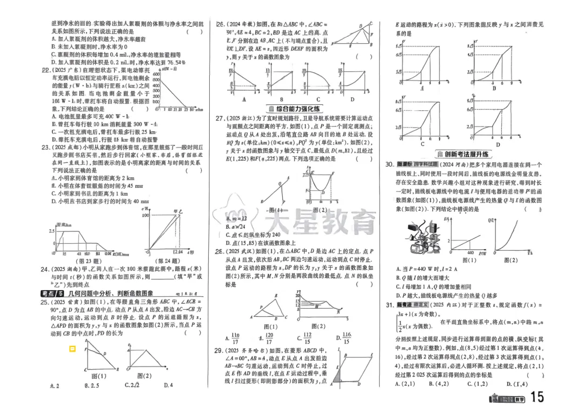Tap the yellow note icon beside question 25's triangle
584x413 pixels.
click(72, 349)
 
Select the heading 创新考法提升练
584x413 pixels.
click(463, 154)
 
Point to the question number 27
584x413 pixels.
click(220, 118)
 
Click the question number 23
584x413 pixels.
click(45, 146)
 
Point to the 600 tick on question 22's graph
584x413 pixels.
click(157, 75)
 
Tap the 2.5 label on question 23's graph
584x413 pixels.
click(51, 231)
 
